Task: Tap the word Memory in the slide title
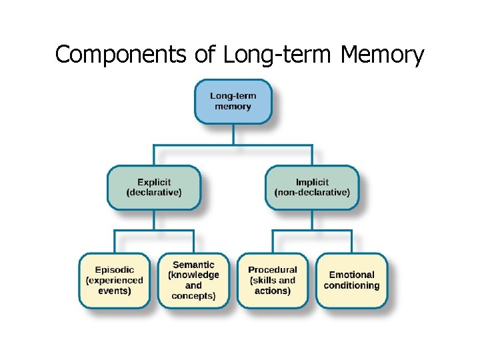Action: [x=382, y=55]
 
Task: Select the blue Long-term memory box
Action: [x=233, y=101]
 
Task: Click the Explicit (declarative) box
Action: [x=154, y=187]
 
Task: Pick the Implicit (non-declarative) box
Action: [x=312, y=187]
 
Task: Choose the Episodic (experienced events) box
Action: [x=115, y=280]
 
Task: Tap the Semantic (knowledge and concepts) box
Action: [x=193, y=280]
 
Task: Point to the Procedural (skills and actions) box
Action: [x=273, y=280]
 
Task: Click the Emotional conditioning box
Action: [x=351, y=280]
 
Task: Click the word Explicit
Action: [x=154, y=182]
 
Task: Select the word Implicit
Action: [x=312, y=182]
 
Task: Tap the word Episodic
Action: [x=115, y=270]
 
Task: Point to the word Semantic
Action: [x=193, y=265]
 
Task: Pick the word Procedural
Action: [x=273, y=270]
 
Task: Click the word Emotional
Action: [x=351, y=275]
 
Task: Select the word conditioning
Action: [x=351, y=285]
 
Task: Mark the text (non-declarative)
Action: [x=312, y=193]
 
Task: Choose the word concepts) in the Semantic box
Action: [x=193, y=296]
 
